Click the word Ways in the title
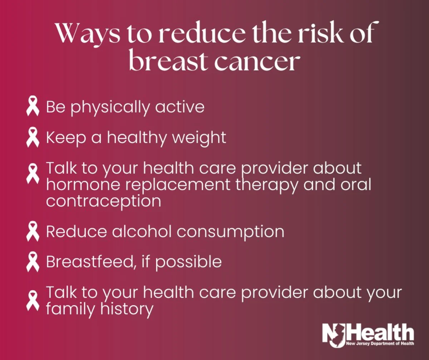[88, 34]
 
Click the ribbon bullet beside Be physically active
[33, 106]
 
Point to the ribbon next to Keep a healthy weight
[33, 137]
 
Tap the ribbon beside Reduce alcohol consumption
[33, 231]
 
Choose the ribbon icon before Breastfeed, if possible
[33, 262]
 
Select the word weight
[199, 138]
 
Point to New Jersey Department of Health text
[380, 343]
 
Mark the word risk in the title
[322, 34]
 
